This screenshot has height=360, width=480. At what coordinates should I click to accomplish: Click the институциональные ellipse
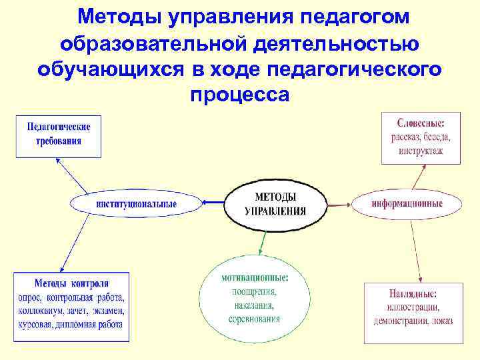click(x=136, y=204)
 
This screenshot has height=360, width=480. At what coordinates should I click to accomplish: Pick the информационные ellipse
click(x=407, y=203)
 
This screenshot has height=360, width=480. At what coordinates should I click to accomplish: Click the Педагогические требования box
click(x=59, y=133)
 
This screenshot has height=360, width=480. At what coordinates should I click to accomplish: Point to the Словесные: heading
click(x=421, y=123)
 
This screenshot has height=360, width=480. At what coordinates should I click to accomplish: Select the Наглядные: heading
click(x=412, y=293)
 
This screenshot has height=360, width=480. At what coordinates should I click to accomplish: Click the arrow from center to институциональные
click(x=213, y=203)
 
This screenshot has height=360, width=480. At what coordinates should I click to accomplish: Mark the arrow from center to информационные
click(x=340, y=203)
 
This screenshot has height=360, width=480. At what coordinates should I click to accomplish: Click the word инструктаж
click(x=421, y=151)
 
